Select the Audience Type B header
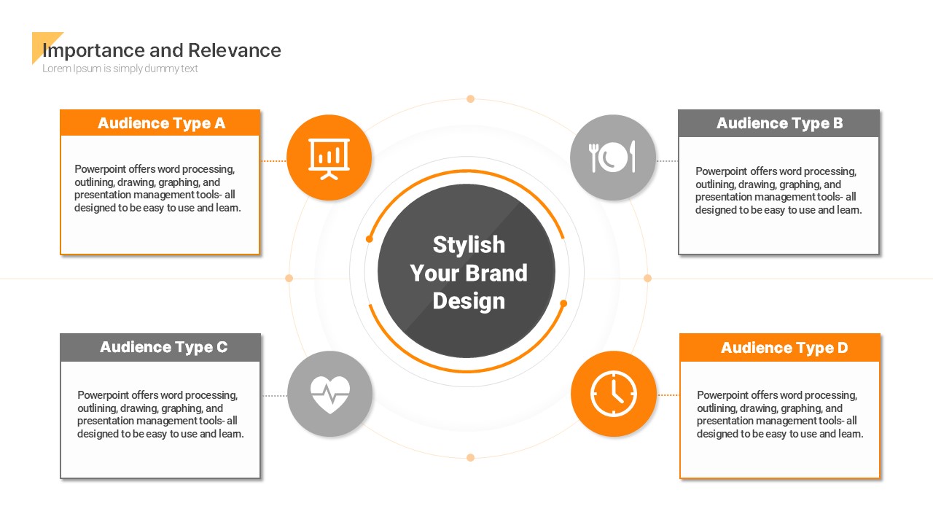pyautogui.click(x=779, y=123)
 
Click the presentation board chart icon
pyautogui.click(x=329, y=159)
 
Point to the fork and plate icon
pyautogui.click(x=612, y=157)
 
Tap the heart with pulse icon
pyautogui.click(x=330, y=394)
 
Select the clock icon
pyautogui.click(x=613, y=394)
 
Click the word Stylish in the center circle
pyautogui.click(x=469, y=245)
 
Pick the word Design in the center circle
pyautogui.click(x=469, y=301)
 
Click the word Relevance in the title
pyautogui.click(x=235, y=50)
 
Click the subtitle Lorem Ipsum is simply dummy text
pyautogui.click(x=120, y=69)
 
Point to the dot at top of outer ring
pyautogui.click(x=470, y=98)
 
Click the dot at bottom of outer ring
pyautogui.click(x=470, y=457)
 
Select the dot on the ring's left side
pyautogui.click(x=289, y=279)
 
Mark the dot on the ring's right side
pyautogui.click(x=647, y=279)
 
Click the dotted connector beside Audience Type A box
pyautogui.click(x=273, y=161)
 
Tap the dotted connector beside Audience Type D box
pyautogui.click(x=668, y=395)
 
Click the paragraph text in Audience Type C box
pyautogui.click(x=160, y=414)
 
